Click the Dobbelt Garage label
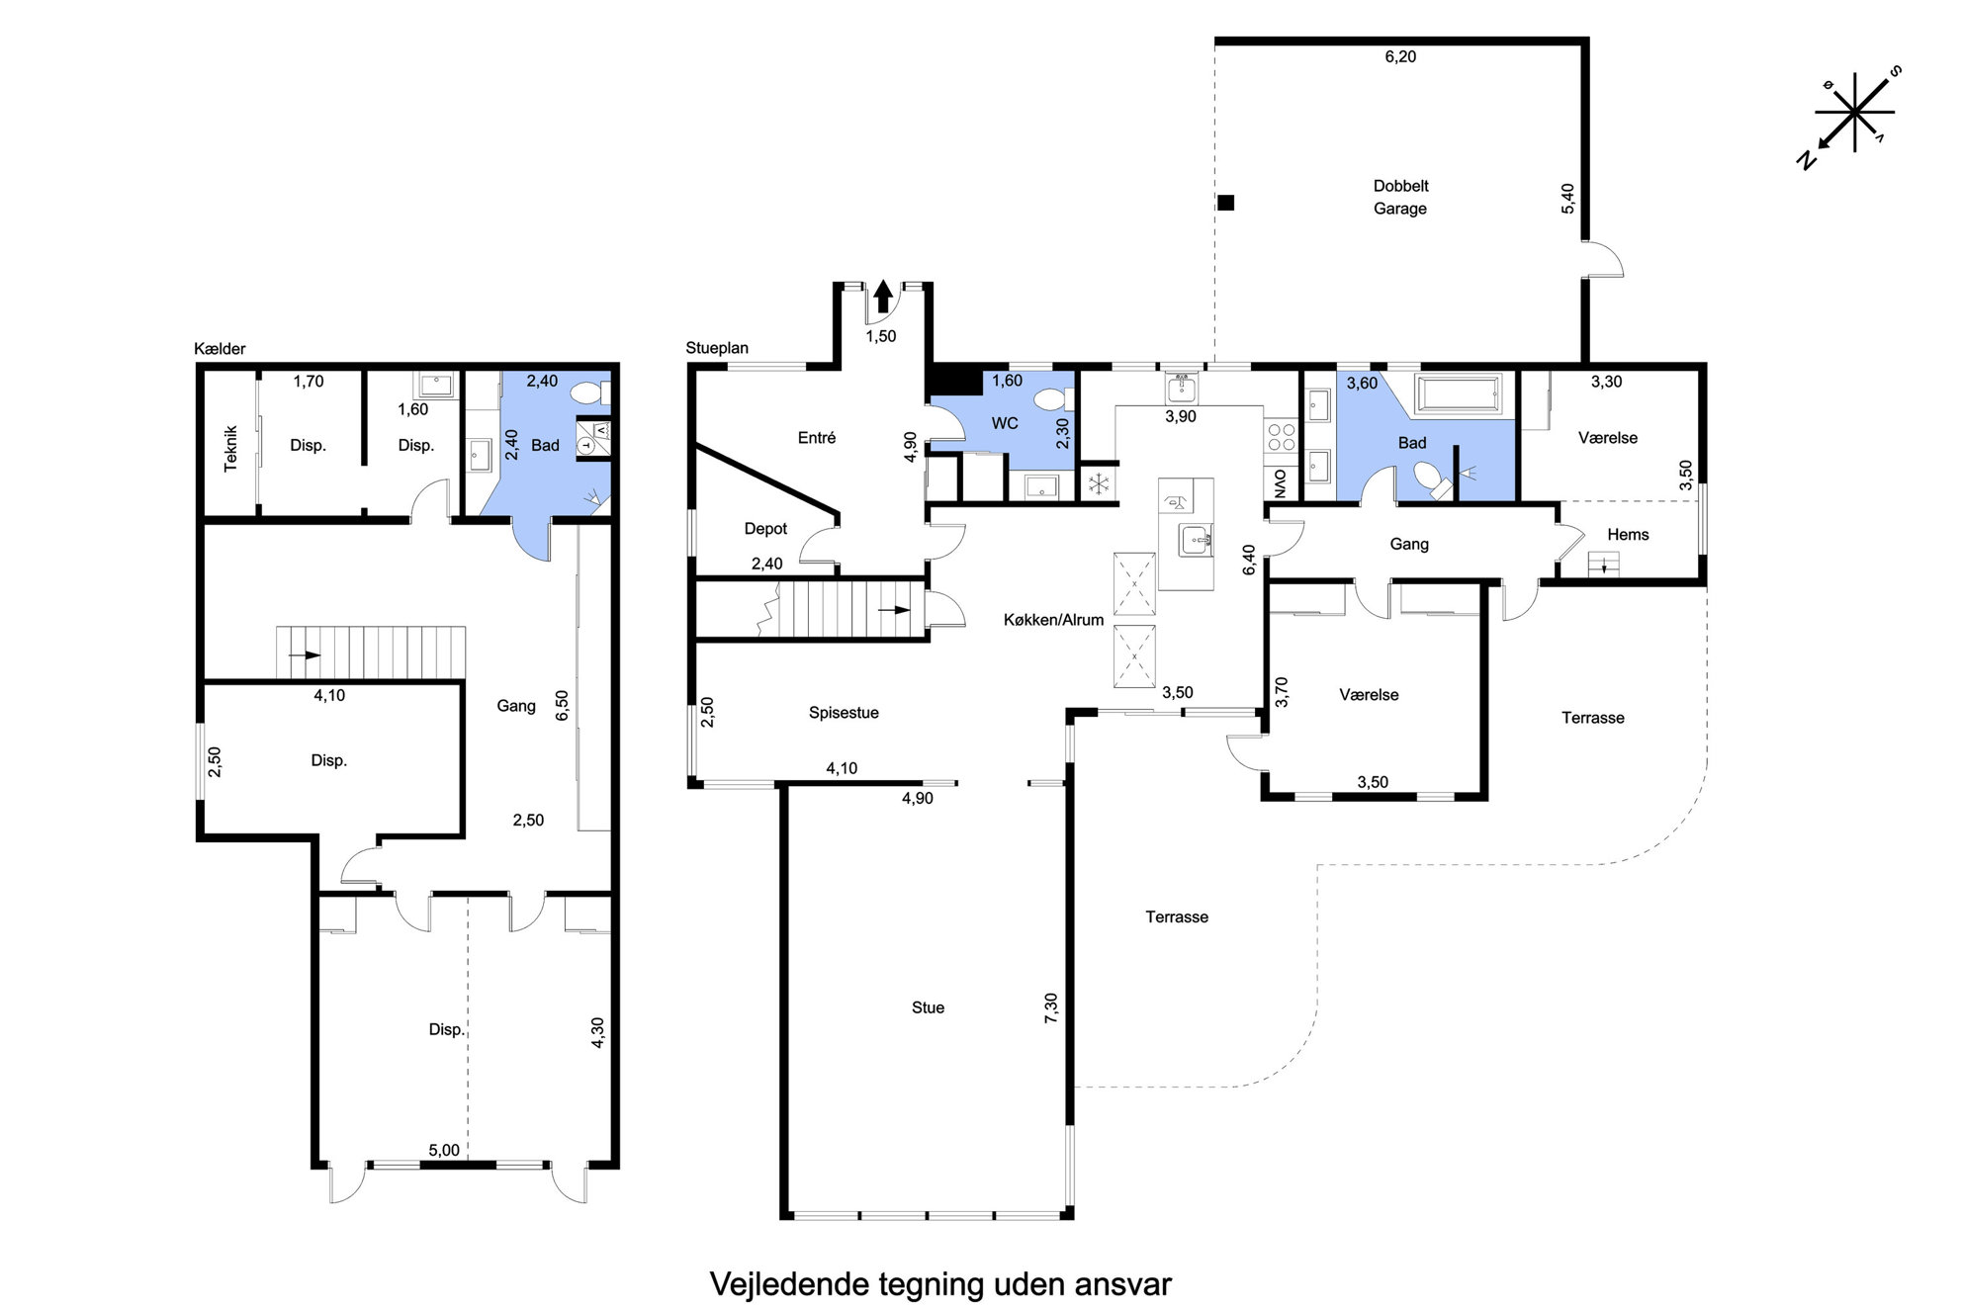(1400, 197)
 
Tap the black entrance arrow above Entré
(883, 297)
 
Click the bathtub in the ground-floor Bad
(1459, 393)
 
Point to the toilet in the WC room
(1050, 399)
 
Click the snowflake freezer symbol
(1099, 484)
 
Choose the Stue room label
(928, 1007)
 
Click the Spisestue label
(844, 713)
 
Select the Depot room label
(765, 529)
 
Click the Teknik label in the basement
(231, 448)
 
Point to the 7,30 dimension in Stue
(1051, 1007)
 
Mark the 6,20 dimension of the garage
(1400, 57)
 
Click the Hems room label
(1628, 535)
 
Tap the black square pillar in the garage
(1226, 204)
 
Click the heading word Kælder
(220, 349)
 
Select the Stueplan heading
(717, 348)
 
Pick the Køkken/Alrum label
(1053, 620)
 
